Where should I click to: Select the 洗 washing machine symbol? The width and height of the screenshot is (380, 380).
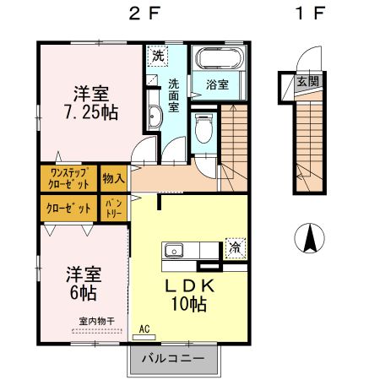157,57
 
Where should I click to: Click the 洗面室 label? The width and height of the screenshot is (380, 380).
173,95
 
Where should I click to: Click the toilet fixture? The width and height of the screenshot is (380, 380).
202,128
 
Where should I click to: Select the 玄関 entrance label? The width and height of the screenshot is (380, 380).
307,82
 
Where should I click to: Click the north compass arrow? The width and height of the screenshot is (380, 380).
308,238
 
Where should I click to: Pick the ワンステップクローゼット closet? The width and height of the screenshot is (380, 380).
68,179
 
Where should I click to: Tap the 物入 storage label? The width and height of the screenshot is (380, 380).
113,179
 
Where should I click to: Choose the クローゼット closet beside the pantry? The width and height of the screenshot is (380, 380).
68,208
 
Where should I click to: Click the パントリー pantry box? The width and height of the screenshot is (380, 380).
114,208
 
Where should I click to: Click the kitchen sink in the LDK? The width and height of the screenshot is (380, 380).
175,250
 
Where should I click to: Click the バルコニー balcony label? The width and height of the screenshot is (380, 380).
178,359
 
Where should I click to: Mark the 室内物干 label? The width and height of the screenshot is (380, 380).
96,321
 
